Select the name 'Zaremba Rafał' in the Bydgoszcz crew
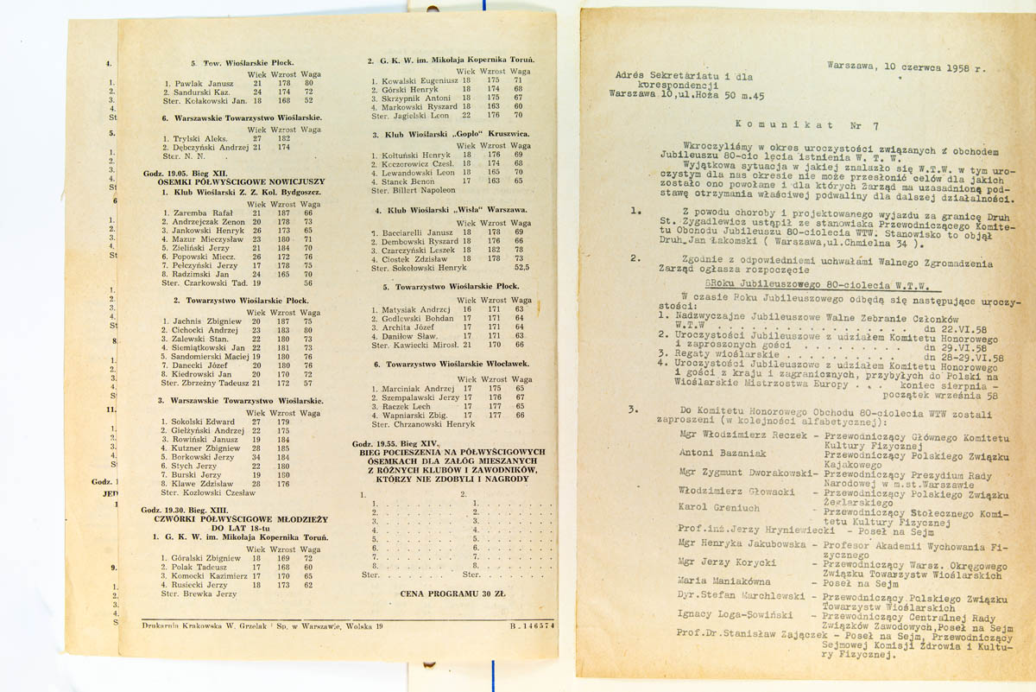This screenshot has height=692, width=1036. click(x=201, y=213)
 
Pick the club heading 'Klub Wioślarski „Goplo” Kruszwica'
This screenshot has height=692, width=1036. click(x=450, y=135)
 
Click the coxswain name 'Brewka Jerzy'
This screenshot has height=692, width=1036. click(x=199, y=594)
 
